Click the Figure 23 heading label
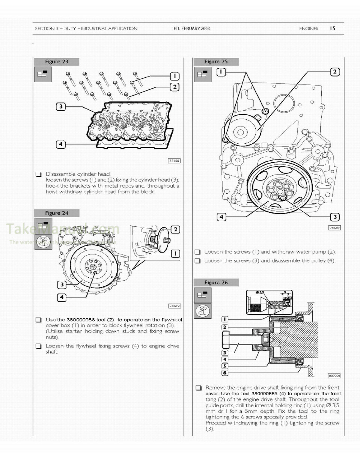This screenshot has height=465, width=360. click(56, 62)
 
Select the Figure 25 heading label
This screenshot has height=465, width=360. click(216, 62)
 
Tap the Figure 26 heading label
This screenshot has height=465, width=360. click(216, 283)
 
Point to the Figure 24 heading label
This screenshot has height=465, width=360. click(56, 213)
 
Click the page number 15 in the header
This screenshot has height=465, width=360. click(332, 28)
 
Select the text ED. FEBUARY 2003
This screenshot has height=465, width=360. click(191, 29)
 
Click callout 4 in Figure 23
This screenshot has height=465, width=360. click(61, 144)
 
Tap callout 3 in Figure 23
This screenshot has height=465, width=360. click(61, 107)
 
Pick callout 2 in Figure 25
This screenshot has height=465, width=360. click(334, 72)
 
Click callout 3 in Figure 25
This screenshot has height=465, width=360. click(334, 217)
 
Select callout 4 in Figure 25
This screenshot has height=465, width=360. click(221, 217)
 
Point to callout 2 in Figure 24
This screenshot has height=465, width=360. click(175, 229)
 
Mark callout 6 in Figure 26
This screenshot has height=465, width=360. click(224, 373)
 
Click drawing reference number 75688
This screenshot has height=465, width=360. click(174, 161)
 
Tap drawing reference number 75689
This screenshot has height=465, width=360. click(334, 228)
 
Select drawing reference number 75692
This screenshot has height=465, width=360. click(175, 306)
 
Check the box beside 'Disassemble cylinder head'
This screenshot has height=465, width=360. click(38, 174)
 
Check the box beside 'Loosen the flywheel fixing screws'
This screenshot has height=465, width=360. click(38, 346)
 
